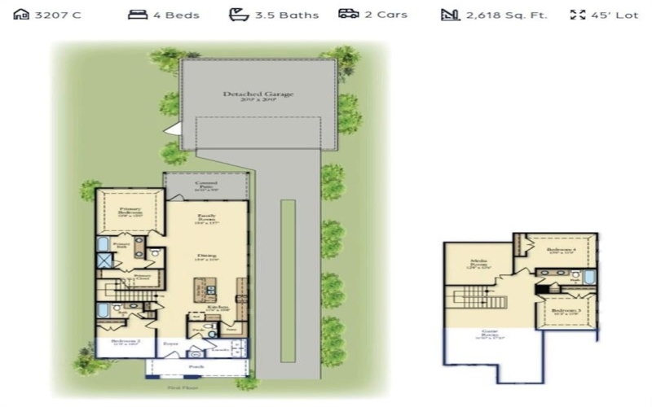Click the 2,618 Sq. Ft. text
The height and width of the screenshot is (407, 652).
pos(506,15)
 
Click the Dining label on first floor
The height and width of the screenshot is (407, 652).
pos(206,257)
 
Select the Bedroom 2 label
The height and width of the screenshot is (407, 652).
pos(120,342)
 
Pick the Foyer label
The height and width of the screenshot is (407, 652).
pos(171,344)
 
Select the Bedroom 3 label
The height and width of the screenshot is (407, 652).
pos(566,310)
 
